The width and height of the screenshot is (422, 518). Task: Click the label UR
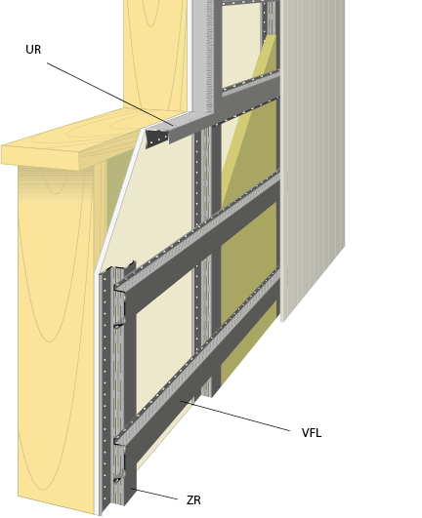tap(33, 50)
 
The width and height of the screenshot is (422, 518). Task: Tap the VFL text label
tap(312, 433)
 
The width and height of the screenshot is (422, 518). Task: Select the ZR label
tap(193, 500)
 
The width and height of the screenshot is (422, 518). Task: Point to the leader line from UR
tap(109, 95)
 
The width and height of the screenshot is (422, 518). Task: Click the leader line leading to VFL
tap(234, 416)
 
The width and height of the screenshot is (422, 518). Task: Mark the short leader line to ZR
tap(154, 494)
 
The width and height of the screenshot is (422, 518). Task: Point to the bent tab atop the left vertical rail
tap(129, 266)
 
